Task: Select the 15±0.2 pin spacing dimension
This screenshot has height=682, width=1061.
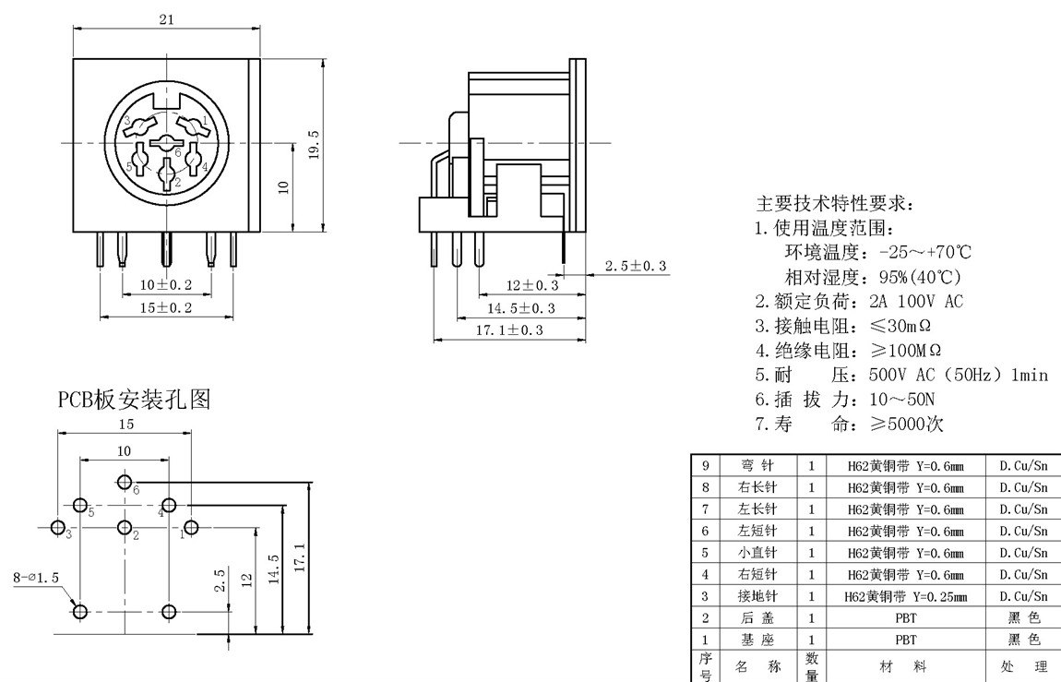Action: pyautogui.click(x=166, y=307)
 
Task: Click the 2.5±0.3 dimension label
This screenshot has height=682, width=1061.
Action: pyautogui.click(x=635, y=267)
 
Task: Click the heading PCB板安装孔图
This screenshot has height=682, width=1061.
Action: pyautogui.click(x=135, y=400)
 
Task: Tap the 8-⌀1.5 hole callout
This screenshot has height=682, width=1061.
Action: pyautogui.click(x=36, y=578)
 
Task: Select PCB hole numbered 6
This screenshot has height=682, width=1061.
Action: pyautogui.click(x=125, y=482)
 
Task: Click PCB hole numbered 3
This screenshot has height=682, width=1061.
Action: pyautogui.click(x=58, y=528)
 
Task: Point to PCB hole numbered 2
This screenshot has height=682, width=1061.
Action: pyautogui.click(x=125, y=528)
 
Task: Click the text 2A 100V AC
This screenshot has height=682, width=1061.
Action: pyautogui.click(x=916, y=301)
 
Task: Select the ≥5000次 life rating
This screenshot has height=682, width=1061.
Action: pyautogui.click(x=907, y=425)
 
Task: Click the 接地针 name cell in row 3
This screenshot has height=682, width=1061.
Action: pyautogui.click(x=757, y=596)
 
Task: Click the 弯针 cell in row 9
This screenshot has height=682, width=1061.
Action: pyautogui.click(x=757, y=466)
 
